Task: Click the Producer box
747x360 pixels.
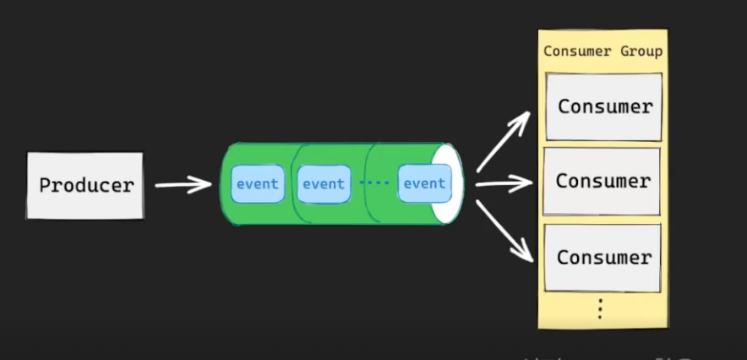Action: tap(85, 185)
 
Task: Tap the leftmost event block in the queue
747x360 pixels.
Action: tap(258, 184)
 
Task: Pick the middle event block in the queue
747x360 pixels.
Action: tap(324, 184)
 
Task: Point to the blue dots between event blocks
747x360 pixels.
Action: tap(373, 183)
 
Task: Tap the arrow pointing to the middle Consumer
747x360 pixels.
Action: tap(504, 182)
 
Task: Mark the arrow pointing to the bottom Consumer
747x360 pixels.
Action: tap(506, 232)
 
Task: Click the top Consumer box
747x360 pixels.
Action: tap(603, 106)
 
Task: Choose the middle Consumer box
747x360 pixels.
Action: tap(602, 181)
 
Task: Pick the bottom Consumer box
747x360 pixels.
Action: tap(602, 257)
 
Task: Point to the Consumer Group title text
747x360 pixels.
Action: tap(603, 52)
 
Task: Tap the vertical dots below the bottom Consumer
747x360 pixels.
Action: tap(599, 309)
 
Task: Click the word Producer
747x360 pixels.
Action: tap(86, 185)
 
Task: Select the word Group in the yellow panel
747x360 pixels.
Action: tap(643, 52)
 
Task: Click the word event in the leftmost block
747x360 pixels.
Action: tap(258, 184)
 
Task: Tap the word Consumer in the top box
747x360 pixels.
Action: tap(605, 106)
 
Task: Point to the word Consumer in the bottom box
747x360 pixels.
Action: tap(603, 257)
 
